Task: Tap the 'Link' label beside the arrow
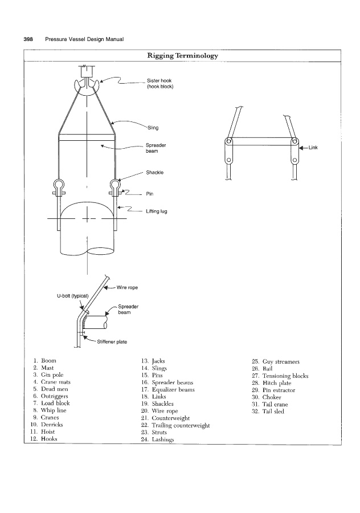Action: click(313, 147)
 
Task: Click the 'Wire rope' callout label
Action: click(127, 287)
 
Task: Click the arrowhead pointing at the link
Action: click(302, 147)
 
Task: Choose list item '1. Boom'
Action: click(45, 361)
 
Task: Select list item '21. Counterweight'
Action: click(165, 418)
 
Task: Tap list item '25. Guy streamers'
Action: click(276, 361)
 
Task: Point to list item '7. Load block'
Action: click(51, 404)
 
